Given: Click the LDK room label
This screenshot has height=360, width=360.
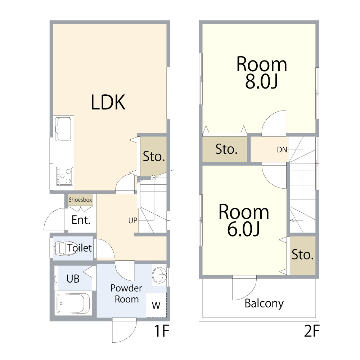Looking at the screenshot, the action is [x=108, y=102].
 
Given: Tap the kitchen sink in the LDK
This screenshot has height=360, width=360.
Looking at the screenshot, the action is [x=63, y=129].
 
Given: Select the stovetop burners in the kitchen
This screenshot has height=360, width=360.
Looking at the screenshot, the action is [x=64, y=176].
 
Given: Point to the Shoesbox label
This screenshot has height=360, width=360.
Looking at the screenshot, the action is [x=80, y=199].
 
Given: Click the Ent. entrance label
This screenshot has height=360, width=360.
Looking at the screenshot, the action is [x=81, y=220].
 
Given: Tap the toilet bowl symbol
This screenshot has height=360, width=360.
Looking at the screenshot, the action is [x=66, y=248].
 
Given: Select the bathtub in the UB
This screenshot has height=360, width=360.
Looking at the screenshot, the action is [x=73, y=303].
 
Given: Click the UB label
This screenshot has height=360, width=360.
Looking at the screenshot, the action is [x=73, y=279].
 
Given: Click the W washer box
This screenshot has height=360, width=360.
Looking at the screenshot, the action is [x=156, y=305].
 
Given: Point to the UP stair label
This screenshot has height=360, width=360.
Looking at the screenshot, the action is [x=133, y=220].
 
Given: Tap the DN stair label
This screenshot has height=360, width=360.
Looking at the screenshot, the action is [x=282, y=150].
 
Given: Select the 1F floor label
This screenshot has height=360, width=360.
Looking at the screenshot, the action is [x=162, y=331].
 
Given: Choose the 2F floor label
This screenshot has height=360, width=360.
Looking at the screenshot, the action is [x=312, y=331].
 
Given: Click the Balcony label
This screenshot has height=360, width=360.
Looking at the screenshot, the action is [x=264, y=303].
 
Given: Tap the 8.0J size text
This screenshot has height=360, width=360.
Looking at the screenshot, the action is [x=261, y=81].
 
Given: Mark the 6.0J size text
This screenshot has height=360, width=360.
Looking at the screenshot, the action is [x=243, y=229].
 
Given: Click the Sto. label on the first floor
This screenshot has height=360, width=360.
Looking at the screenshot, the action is [x=154, y=156].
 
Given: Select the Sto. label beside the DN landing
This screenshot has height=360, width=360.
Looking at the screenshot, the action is [x=226, y=149].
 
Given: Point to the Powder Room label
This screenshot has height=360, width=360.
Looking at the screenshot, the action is [x=126, y=294].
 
